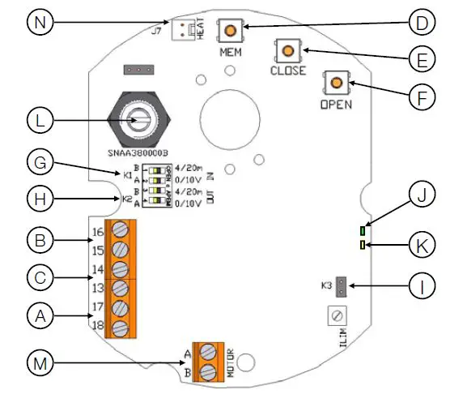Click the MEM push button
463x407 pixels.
pyautogui.click(x=231, y=32)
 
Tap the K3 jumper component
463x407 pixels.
pyautogui.click(x=342, y=286)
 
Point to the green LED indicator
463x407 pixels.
pyautogui.click(x=363, y=231)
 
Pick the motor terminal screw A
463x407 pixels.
pyautogui.click(x=209, y=352)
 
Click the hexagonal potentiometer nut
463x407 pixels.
pyautogui.click(x=141, y=118)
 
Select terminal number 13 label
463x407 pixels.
pyautogui.click(x=97, y=289)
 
